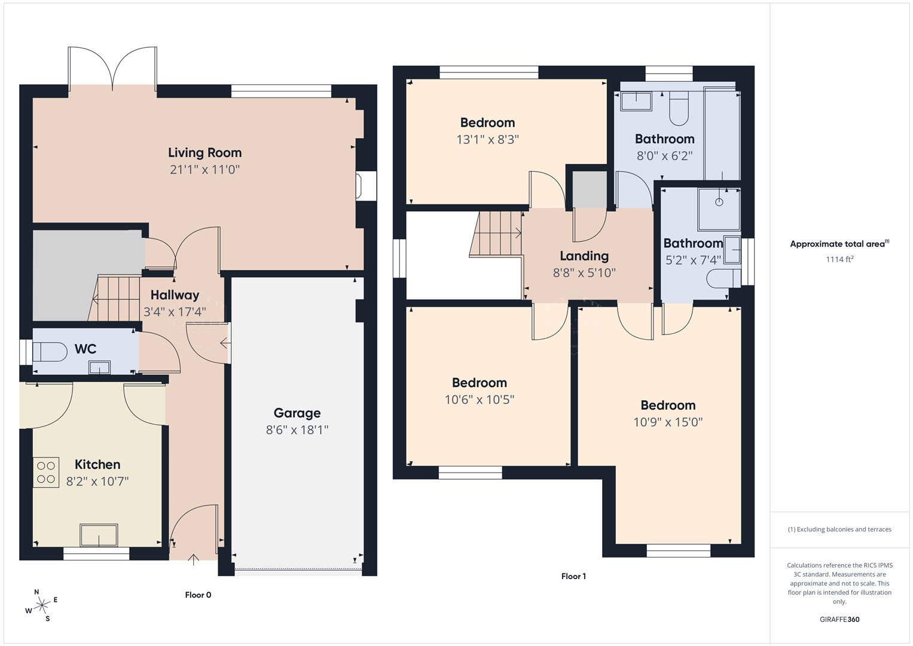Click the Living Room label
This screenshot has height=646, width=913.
pyautogui.click(x=204, y=153)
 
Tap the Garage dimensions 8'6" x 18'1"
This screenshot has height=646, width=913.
pyautogui.click(x=297, y=429)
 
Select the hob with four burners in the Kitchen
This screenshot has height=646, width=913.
pyautogui.click(x=46, y=472)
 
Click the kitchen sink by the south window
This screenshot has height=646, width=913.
pyautogui.click(x=99, y=535)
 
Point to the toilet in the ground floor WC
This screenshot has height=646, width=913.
pyautogui.click(x=49, y=351)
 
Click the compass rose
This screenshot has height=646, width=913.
pyautogui.click(x=42, y=605)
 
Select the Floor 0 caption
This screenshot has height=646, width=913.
pyautogui.click(x=198, y=595)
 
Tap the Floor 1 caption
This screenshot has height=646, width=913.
pyautogui.click(x=573, y=576)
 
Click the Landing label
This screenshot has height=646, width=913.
pyautogui.click(x=584, y=256)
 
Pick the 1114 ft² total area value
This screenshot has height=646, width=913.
pyautogui.click(x=839, y=259)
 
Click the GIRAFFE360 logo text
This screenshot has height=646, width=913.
pyautogui.click(x=839, y=619)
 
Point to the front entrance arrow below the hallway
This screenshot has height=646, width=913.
pyautogui.click(x=193, y=560)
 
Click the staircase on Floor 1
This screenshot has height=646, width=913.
pyautogui.click(x=496, y=234)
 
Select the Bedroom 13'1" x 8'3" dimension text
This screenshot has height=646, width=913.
pyautogui.click(x=487, y=139)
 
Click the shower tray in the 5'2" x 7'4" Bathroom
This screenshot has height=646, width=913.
pyautogui.click(x=719, y=209)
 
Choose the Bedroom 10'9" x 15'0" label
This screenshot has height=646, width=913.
pyautogui.click(x=668, y=405)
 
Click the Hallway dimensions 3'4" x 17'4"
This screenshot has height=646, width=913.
pyautogui.click(x=175, y=312)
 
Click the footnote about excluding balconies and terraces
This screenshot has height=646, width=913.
pyautogui.click(x=839, y=529)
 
